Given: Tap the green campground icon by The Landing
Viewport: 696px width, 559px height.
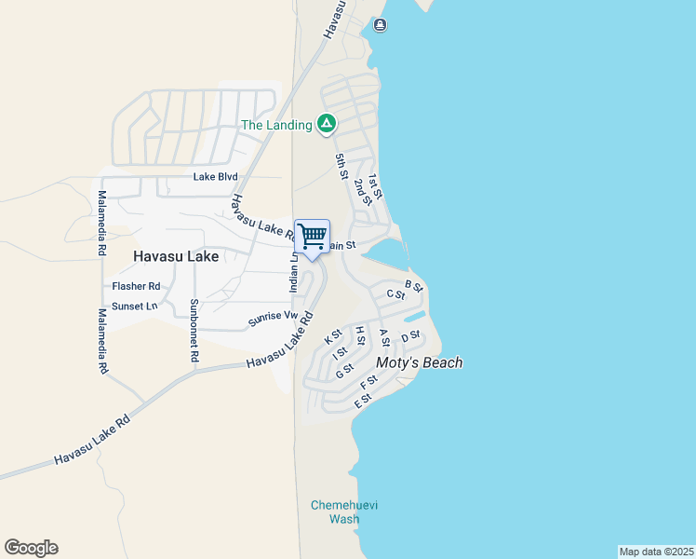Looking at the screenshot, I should click(326, 124).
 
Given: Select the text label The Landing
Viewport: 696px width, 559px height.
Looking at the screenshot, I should click(276, 125).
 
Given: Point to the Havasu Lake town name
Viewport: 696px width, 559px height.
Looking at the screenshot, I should click(176, 256).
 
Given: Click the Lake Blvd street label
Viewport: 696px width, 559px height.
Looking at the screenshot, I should click(216, 177).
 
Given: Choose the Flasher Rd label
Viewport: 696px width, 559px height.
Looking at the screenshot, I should click(136, 287).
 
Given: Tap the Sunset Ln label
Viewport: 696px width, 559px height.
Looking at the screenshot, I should click(135, 307).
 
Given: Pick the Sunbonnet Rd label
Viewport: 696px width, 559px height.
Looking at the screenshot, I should click(194, 330).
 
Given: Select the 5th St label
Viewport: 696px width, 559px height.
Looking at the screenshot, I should click(341, 166).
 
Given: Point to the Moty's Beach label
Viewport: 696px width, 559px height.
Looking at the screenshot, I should click(419, 362).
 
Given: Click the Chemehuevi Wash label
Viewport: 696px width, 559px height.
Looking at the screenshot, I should click(337, 512).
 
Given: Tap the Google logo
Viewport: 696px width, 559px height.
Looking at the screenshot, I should click(31, 548).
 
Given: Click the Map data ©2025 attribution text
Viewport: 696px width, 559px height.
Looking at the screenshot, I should click(656, 552).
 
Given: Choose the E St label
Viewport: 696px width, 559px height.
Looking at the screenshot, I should click(363, 402).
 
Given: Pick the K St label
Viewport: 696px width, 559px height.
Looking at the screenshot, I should click(334, 336).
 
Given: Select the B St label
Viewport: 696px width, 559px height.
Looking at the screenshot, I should click(414, 286).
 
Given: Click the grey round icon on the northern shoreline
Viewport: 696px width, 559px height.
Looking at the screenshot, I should click(380, 25).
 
